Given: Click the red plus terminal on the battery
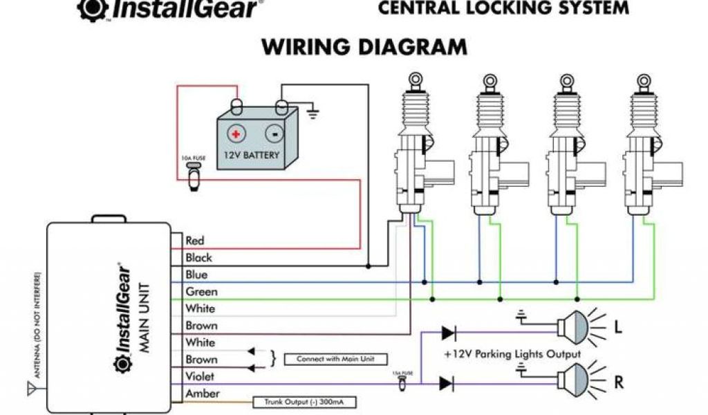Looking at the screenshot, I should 236,133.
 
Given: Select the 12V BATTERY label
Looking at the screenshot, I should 252,156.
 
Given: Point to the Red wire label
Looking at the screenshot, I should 195,241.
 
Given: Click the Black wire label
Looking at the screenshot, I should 198,258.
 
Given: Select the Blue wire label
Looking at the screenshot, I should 196,275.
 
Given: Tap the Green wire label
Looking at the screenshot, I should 201,292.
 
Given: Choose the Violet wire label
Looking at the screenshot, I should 200,376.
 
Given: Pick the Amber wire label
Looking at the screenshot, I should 202,394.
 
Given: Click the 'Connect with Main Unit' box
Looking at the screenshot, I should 335,359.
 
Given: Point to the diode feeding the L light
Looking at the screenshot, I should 448,333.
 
